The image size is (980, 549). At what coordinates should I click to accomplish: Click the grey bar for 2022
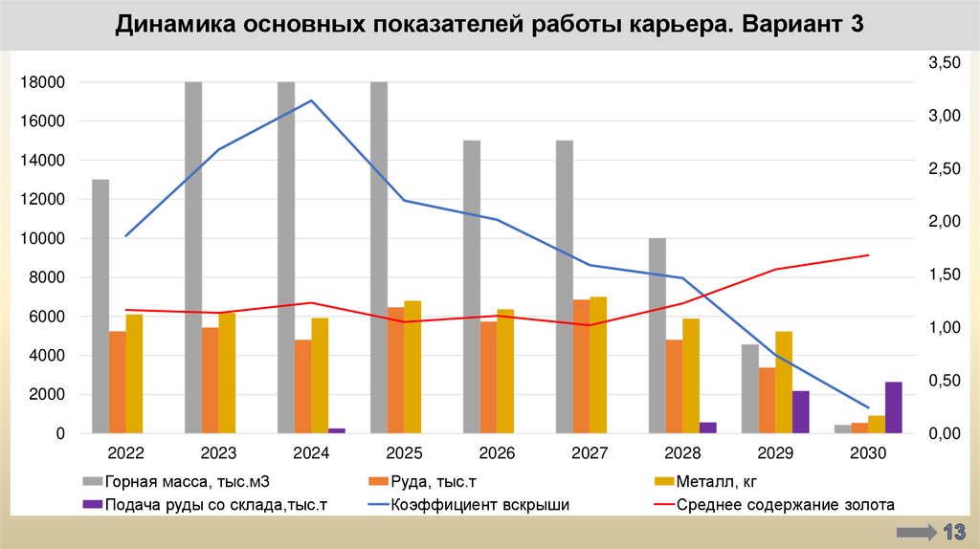coord(100,306)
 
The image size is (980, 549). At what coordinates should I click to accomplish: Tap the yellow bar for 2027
coord(598,364)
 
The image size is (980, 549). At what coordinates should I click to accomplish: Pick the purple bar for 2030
coord(893,407)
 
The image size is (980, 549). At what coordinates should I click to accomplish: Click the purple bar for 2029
coord(800,412)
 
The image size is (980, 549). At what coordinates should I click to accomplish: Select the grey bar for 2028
coord(657,336)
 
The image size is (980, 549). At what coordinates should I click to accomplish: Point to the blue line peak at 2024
coord(312,100)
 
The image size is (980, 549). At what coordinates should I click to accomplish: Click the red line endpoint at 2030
coord(868,255)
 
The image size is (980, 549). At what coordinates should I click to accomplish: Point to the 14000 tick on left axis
coord(46,161)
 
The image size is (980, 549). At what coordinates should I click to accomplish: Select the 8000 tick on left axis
coord(50,277)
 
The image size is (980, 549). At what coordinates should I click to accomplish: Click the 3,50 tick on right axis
coord(944,63)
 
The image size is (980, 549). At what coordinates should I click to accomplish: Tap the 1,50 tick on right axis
coord(944,275)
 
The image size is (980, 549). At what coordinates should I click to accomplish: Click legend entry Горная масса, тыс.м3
coord(182,482)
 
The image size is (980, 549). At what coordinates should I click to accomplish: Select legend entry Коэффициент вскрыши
coord(479,505)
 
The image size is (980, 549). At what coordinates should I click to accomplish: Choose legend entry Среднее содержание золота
coord(785,505)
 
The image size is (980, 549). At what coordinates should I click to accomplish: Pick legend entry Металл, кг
coord(723,482)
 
